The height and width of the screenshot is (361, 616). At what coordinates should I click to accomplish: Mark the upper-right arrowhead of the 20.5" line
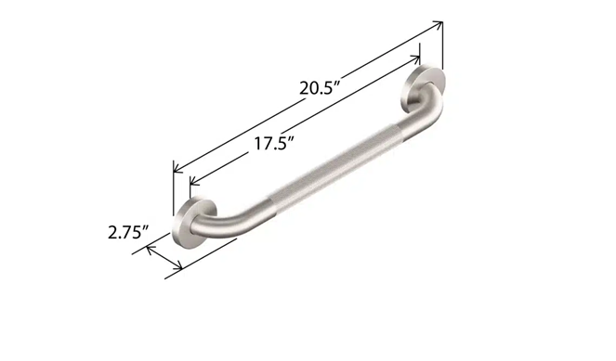click(x=439, y=25)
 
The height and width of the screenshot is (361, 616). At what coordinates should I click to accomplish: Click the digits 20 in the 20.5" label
click(x=308, y=89)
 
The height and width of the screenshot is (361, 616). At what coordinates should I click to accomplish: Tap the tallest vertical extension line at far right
click(x=442, y=46)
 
